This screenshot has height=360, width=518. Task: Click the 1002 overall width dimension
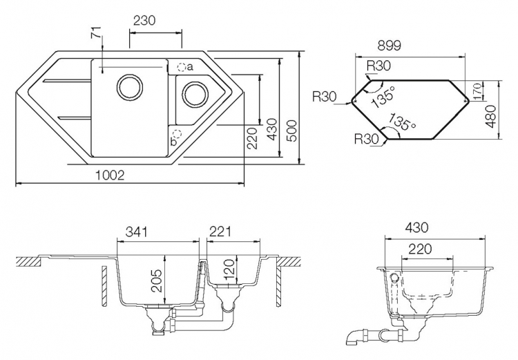pos(110,176)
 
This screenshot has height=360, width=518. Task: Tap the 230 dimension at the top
pos(144,21)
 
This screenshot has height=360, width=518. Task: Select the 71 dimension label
pos(95,32)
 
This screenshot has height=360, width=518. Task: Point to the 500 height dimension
pos(291,131)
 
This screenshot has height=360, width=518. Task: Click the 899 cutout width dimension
pos(389,46)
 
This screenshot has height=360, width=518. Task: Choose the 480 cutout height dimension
pos(491,116)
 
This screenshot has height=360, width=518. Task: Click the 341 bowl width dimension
pos(136,231)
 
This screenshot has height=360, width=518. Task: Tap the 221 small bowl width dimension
pos(220,231)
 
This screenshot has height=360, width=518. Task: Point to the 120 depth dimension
pos(229,268)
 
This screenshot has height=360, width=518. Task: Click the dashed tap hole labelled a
pos(182,67)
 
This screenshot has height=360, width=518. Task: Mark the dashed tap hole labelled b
pos(178,133)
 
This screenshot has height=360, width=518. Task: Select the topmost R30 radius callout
pos(378,66)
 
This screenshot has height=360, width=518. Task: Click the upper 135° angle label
pos(383,97)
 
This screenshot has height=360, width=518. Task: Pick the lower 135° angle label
pos(402,122)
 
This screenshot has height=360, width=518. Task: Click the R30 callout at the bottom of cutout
pos(366,138)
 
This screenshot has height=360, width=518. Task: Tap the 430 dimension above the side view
pos(416,227)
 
